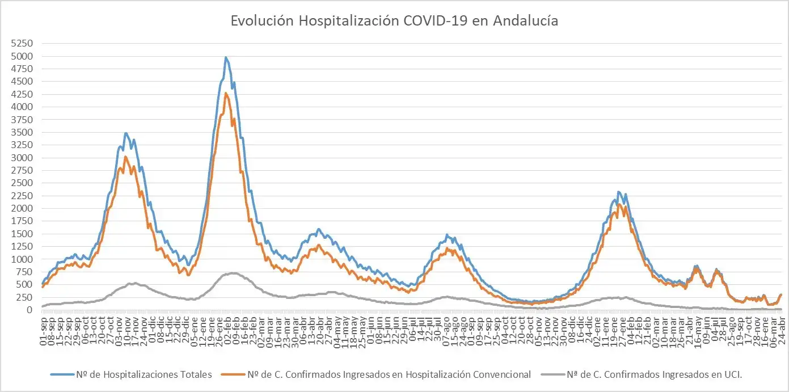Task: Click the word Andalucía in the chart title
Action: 525,21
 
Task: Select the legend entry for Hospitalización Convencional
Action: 389,374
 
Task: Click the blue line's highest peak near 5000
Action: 226,57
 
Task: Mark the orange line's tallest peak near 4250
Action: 226,94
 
